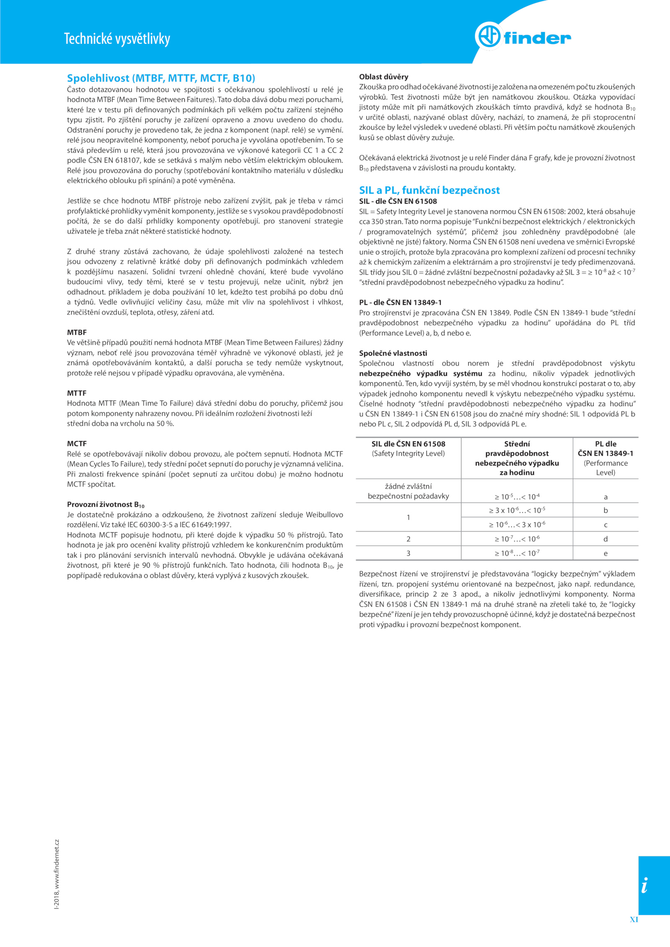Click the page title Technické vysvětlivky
click(117, 38)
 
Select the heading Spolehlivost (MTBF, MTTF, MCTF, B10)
click(161, 78)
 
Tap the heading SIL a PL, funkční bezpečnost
click(429, 190)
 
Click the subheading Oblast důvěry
click(384, 77)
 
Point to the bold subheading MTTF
click(77, 393)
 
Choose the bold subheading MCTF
click(77, 444)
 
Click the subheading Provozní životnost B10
click(106, 505)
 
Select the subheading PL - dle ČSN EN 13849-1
click(400, 302)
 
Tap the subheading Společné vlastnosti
click(393, 353)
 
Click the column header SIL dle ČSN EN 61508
click(408, 444)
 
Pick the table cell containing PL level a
click(606, 497)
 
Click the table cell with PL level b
click(606, 510)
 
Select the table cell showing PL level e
click(606, 553)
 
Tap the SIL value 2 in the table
click(408, 539)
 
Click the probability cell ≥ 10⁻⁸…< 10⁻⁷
click(517, 553)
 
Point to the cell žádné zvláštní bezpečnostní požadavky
click(408, 491)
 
